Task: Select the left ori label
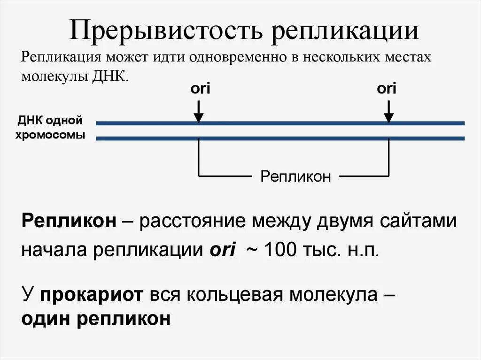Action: tap(200, 89)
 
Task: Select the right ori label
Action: tap(387, 89)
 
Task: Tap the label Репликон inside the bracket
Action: tap(296, 176)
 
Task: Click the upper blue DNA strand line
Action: tap(282, 123)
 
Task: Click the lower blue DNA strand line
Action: tap(282, 138)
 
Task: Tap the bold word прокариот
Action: tap(92, 295)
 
